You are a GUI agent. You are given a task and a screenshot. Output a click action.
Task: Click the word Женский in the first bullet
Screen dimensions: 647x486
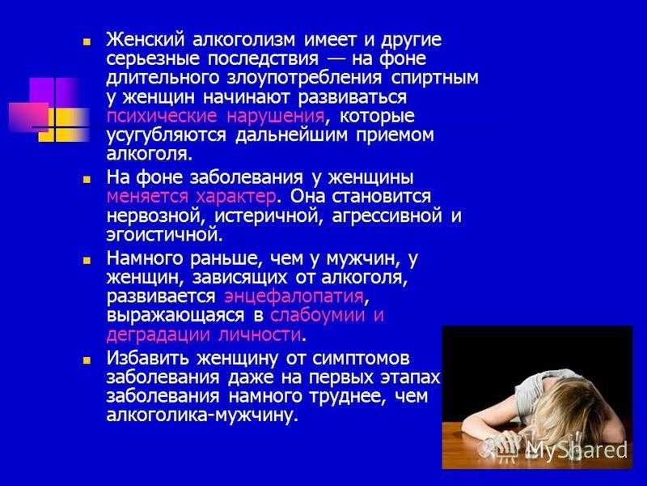coord(145,40)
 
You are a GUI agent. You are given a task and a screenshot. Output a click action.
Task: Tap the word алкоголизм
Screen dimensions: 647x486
coord(244,40)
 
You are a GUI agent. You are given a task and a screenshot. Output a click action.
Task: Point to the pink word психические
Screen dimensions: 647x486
coord(161,116)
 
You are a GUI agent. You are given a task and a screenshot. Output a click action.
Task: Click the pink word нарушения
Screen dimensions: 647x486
coord(275,117)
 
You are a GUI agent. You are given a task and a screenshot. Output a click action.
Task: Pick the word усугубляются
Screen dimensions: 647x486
coord(167,135)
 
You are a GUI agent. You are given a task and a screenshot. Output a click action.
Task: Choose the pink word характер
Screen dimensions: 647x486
coord(236,196)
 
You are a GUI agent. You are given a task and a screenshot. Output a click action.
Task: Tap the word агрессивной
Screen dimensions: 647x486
coord(387,216)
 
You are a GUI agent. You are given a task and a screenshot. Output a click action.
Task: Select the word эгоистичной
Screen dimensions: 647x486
coord(164,235)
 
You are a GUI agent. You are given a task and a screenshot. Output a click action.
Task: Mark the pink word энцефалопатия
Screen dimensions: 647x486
coord(294,296)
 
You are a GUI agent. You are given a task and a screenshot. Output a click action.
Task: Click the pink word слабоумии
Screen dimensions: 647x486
coord(318,315)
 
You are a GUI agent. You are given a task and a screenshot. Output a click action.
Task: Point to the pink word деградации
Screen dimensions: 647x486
coord(159,335)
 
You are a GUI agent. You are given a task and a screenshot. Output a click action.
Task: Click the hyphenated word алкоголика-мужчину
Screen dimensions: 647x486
coord(202,415)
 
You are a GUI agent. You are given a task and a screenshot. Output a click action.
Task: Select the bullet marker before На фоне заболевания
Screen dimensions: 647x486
coord(87,180)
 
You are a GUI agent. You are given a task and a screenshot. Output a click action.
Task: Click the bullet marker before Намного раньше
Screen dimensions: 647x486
coord(87,260)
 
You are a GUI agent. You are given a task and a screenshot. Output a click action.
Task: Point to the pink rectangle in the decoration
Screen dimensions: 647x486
coord(29,114)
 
